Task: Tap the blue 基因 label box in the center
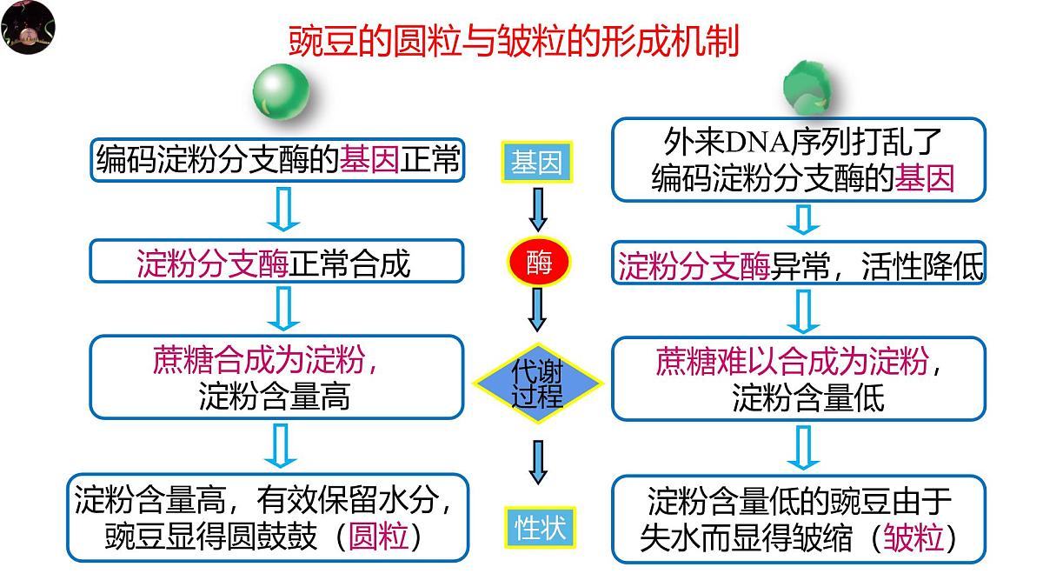click(x=536, y=163)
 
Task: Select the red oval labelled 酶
click(x=537, y=260)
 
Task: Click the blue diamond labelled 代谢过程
click(x=538, y=382)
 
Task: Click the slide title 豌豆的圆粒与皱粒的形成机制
click(x=514, y=40)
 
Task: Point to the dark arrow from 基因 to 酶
click(x=537, y=211)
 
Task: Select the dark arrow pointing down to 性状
click(x=538, y=461)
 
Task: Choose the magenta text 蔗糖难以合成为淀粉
click(x=792, y=359)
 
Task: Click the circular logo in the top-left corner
click(x=28, y=28)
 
